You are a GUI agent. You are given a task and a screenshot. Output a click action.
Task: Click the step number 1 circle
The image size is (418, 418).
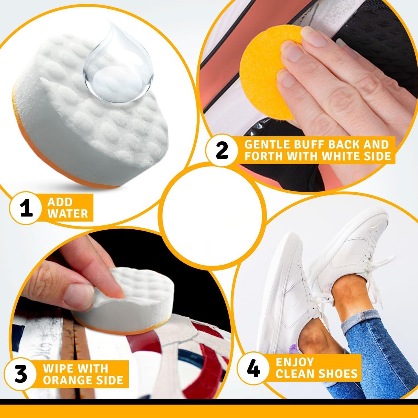[x=26, y=208]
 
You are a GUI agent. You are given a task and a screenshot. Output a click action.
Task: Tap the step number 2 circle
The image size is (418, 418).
[x=222, y=150]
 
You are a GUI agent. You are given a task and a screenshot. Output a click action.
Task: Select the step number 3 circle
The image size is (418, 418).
[x=21, y=374]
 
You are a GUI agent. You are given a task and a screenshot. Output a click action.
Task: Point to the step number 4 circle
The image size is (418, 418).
[x=253, y=368]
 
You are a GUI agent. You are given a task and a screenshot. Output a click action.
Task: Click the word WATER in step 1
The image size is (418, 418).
[x=68, y=213]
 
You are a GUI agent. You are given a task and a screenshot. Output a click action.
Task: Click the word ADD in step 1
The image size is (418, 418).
[x=60, y=202]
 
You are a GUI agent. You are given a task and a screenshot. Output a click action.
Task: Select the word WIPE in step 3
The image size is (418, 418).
[x=58, y=368]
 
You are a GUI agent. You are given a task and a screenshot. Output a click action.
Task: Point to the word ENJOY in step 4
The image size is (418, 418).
[x=294, y=362]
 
